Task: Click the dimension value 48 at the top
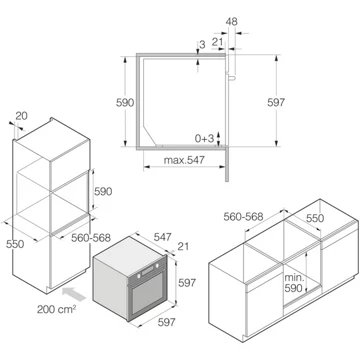231,22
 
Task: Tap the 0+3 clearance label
204,139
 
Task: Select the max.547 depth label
184,160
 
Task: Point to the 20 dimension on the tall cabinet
22,116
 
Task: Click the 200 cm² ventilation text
56,309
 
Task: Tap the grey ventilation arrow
74,294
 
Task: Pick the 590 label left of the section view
125,103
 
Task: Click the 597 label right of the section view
276,102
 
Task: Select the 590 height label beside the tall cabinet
103,192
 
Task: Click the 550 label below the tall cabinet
15,244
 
